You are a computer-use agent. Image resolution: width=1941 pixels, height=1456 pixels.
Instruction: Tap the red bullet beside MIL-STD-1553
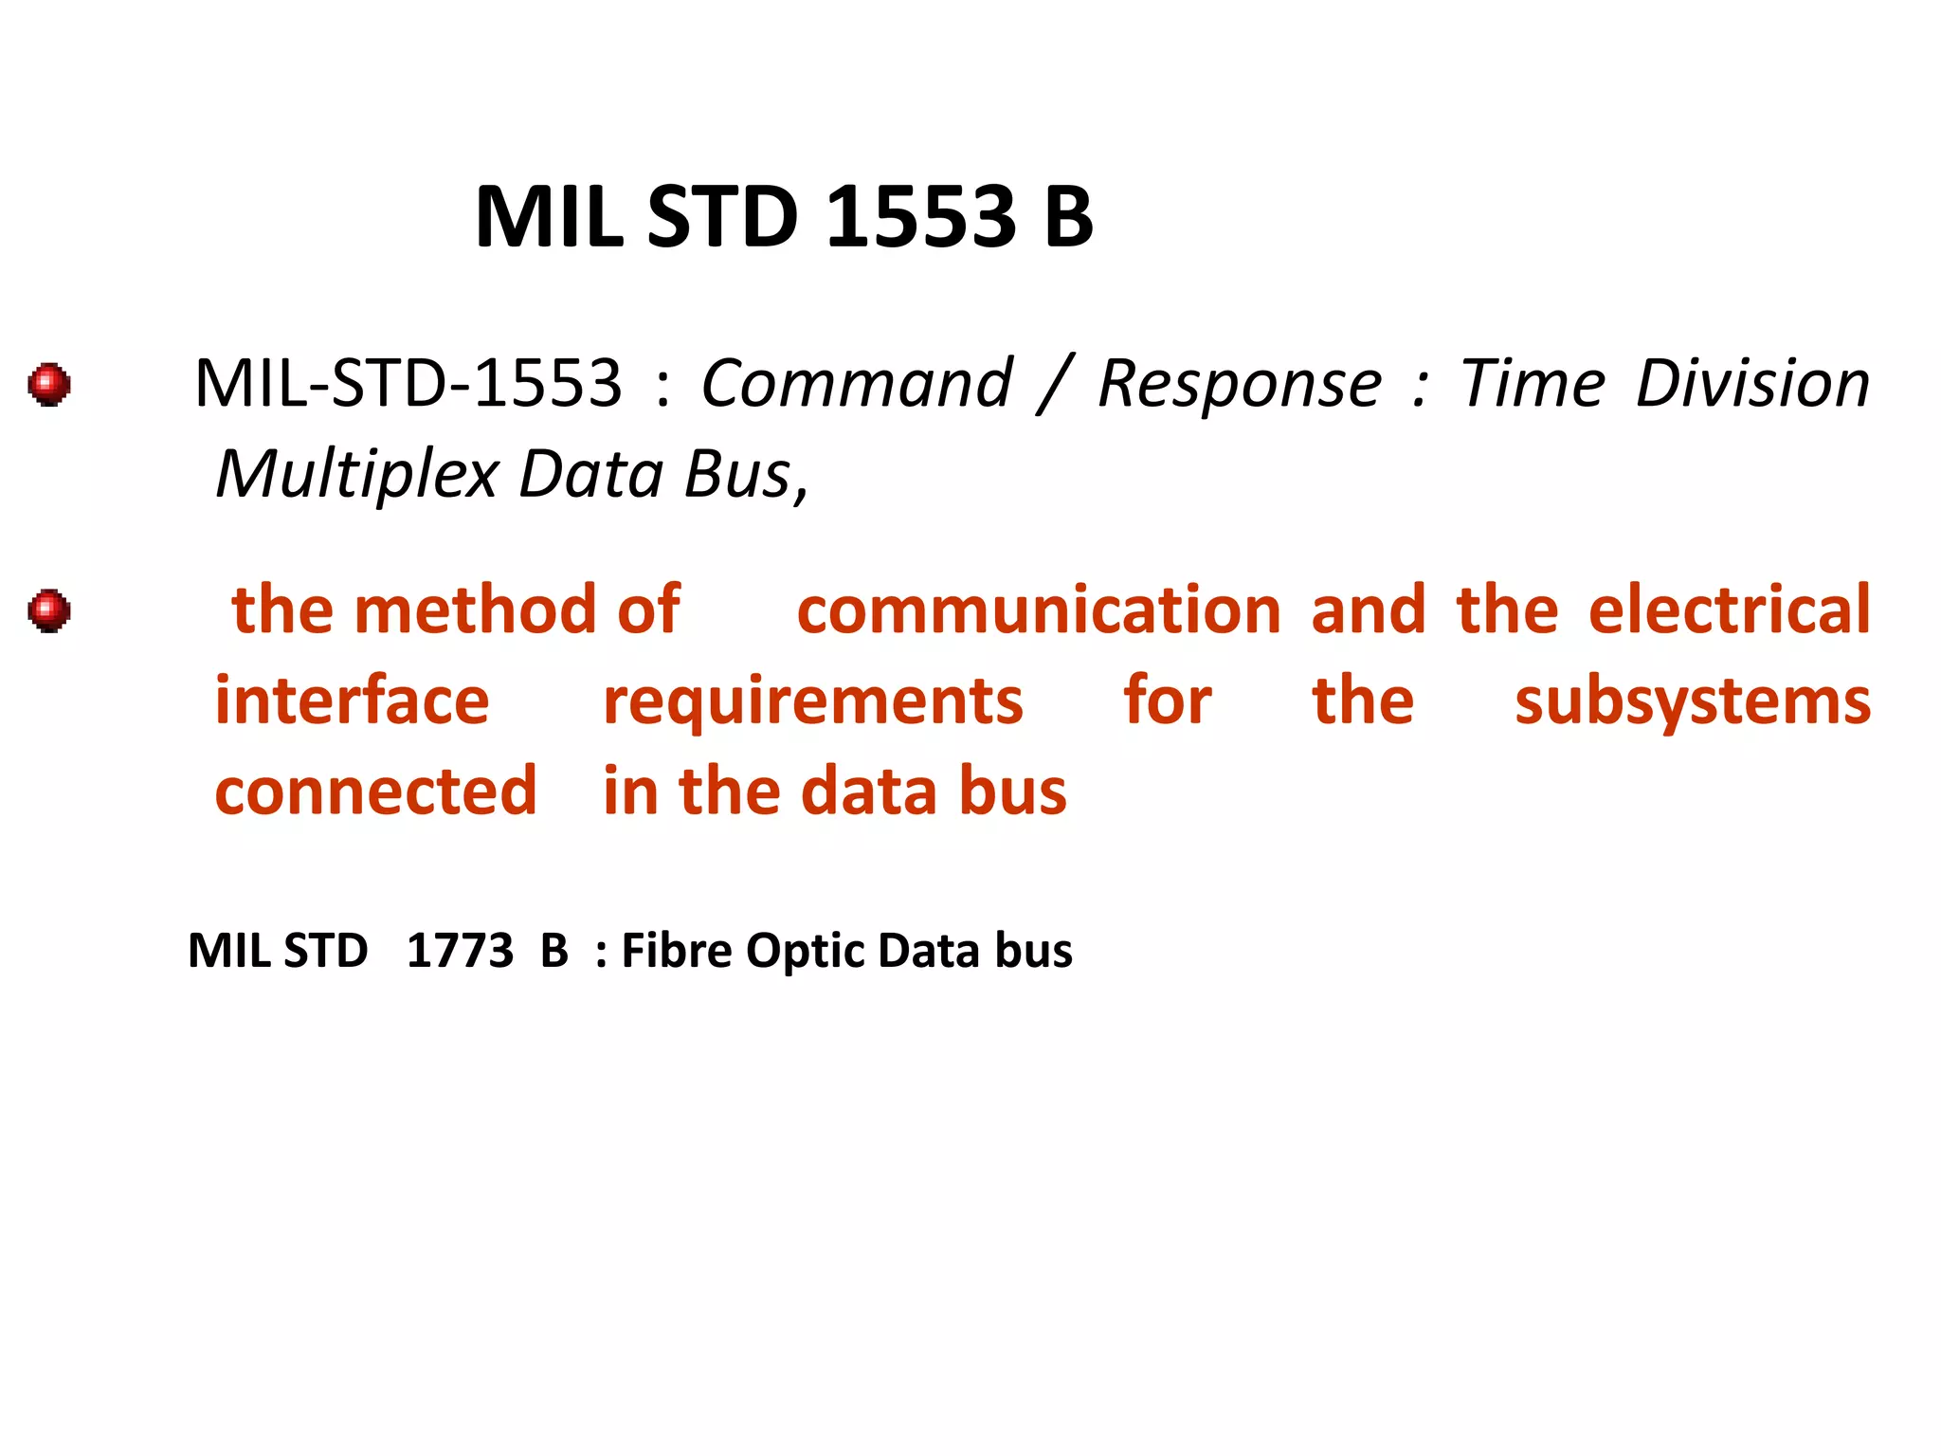(49, 384)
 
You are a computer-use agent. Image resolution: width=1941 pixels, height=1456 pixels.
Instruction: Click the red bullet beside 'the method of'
(49, 610)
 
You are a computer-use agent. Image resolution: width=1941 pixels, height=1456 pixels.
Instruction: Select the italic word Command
(857, 384)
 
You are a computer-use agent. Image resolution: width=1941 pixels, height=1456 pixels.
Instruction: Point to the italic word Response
(1240, 384)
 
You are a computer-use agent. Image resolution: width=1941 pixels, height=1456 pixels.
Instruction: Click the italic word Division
(1752, 384)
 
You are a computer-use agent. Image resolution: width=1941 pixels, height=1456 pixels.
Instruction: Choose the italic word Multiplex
(357, 474)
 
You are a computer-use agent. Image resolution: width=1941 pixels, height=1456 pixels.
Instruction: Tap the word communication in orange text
(1039, 610)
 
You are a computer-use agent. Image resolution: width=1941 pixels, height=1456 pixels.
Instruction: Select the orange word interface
(353, 701)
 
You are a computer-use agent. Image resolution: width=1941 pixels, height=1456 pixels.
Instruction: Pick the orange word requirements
(813, 702)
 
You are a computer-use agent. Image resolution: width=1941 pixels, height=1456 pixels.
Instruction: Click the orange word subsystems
(1693, 702)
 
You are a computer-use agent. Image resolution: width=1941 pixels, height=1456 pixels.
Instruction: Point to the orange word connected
(375, 791)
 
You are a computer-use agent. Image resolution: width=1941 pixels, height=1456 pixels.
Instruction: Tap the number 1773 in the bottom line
(460, 950)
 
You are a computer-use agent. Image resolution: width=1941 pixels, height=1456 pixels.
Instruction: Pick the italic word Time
(1532, 384)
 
